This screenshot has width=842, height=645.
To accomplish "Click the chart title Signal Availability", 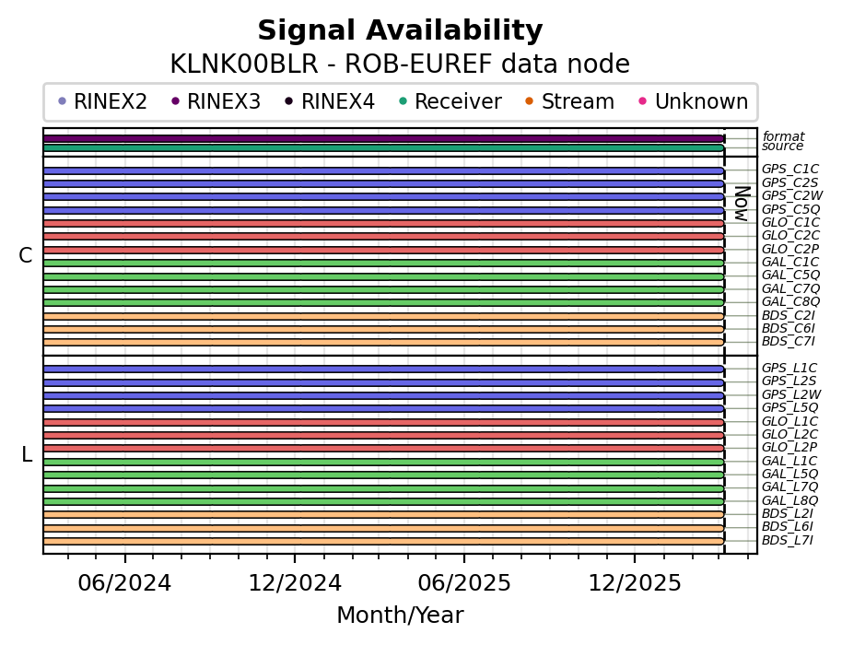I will tap(400, 31).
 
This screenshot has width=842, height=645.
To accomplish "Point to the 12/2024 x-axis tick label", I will tap(295, 583).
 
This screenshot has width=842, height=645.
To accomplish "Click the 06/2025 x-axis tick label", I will tap(464, 583).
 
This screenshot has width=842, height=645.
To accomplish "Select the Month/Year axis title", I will tap(400, 616).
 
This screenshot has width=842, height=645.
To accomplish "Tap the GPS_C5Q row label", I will tap(789, 209).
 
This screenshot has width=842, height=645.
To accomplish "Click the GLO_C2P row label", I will tap(789, 249).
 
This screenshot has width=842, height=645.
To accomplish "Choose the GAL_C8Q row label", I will tap(789, 301).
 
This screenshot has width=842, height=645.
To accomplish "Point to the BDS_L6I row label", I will tap(788, 526).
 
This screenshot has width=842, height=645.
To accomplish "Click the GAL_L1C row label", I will tap(789, 461).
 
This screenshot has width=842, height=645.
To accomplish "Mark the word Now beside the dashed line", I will tap(741, 204).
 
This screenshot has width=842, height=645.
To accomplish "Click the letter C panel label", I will tap(26, 256).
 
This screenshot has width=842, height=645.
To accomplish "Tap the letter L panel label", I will tap(27, 455).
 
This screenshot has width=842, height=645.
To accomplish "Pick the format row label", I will tap(783, 136).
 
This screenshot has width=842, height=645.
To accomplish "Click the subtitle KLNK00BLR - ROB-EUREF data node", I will tap(400, 64).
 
